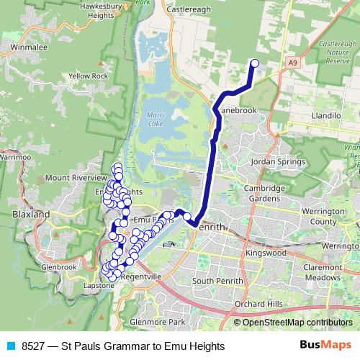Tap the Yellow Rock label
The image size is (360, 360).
pos(89,76)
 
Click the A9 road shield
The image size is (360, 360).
pos(292,63)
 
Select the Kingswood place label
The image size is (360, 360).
pos(265,253)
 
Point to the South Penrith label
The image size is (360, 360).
pos(215,280)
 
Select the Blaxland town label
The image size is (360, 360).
pos(31,215)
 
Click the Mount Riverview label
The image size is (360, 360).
pos(76,177)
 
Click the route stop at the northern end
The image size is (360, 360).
pos(254,63)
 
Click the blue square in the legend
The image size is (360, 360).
pos(9,346)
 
